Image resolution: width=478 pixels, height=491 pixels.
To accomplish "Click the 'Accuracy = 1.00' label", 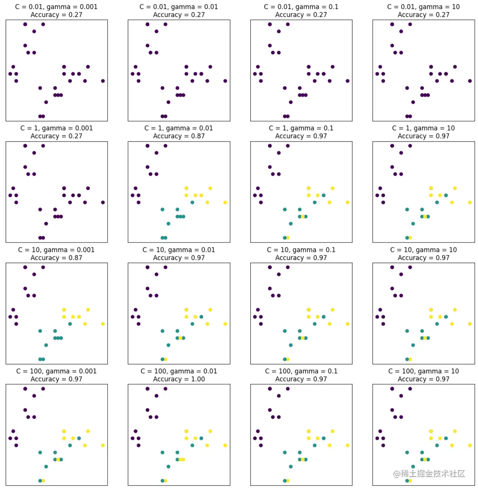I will coord(179,379).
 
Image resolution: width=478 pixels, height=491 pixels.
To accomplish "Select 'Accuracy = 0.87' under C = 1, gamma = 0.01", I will coord(179,136).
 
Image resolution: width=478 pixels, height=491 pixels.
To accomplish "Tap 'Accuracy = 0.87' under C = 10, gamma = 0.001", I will coord(57,258).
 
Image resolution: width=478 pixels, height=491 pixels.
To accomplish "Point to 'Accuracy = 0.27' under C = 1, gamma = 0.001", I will coord(57,136).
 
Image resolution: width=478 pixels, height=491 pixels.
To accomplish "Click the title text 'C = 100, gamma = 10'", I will coord(423,372).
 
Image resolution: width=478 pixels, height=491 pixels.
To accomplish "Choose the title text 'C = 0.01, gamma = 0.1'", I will coord(301,7).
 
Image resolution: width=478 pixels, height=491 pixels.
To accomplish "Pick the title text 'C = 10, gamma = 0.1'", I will coord(301,250).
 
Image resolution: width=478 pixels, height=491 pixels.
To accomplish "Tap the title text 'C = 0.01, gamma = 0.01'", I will coord(179,7).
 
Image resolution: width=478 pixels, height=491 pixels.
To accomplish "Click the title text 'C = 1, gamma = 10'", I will coord(423,128).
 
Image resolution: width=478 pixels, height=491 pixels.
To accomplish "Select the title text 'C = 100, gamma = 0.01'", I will coord(179,372).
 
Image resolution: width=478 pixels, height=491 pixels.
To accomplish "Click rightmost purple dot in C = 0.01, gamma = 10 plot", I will coord(470,81).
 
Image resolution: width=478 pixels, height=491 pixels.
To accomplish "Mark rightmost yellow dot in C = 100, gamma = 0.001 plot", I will coord(103,445).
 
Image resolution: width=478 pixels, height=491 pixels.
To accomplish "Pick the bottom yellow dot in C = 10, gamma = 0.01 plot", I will coord(165,359).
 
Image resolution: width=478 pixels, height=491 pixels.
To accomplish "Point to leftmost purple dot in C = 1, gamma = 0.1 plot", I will coord(255,195).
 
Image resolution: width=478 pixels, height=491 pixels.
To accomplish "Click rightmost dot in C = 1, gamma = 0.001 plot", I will coord(103,202).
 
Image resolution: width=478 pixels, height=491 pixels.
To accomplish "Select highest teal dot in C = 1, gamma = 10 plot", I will coord(446,195).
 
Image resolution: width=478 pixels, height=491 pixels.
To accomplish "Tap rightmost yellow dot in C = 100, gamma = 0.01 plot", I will coord(225,445).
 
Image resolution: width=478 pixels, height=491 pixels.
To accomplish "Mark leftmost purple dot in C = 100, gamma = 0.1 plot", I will coord(255,438).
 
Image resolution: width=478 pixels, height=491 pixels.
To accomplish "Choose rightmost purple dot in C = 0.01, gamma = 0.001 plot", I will coord(103,81).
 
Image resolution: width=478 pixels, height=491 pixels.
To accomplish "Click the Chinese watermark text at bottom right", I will coord(429,473).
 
